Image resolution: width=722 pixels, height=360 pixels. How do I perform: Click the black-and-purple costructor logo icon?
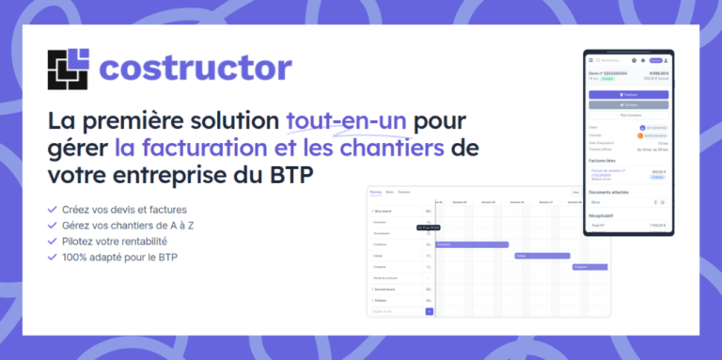pyautogui.click(x=68, y=69)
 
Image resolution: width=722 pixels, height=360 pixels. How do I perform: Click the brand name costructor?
pyautogui.click(x=196, y=69)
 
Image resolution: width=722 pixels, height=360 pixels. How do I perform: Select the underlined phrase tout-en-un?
pyautogui.click(x=347, y=121)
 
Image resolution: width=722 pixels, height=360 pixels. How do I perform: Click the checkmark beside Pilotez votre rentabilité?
pyautogui.click(x=52, y=241)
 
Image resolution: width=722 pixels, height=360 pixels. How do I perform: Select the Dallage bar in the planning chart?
pyautogui.click(x=541, y=255)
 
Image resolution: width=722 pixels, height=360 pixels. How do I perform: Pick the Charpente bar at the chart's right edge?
pyautogui.click(x=589, y=266)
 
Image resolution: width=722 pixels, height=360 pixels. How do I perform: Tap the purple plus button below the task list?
pyautogui.click(x=430, y=311)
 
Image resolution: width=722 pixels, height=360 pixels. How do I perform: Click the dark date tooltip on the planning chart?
pyautogui.click(x=430, y=228)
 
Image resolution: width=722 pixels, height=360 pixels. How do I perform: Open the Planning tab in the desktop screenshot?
pyautogui.click(x=376, y=192)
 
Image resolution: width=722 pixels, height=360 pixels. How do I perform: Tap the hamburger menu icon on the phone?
pyautogui.click(x=590, y=60)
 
